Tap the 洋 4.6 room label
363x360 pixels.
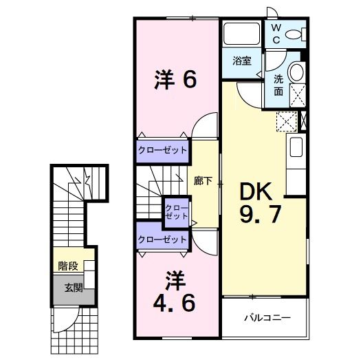[176, 291]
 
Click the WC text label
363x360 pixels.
[275, 34]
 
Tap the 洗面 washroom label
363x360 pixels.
[279, 85]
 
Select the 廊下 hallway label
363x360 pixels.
[203, 182]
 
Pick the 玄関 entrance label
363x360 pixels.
[74, 288]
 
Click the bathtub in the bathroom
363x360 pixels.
[240, 34]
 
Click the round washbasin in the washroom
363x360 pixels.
[297, 73]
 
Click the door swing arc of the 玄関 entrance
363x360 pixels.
[66, 321]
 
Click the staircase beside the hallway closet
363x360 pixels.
[148, 200]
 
